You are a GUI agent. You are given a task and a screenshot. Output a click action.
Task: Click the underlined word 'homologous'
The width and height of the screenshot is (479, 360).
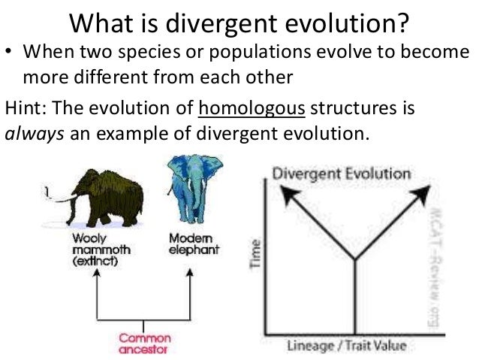(252, 108)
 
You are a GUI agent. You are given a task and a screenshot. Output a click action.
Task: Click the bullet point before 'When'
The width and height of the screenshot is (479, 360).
(10, 55)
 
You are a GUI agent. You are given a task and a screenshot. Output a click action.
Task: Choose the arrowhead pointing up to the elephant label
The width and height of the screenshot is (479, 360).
(189, 276)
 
